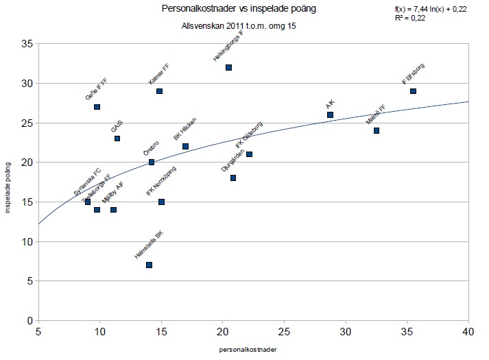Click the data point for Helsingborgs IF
[228, 67]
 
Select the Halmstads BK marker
[149, 265]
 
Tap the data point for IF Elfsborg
[413, 91]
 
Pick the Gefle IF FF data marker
[97, 107]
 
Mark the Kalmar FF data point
[159, 91]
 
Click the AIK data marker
[330, 115]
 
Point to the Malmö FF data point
[376, 130]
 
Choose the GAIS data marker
[117, 139]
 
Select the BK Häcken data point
[185, 146]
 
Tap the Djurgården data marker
[233, 178]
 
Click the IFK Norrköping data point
[161, 202]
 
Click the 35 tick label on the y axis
[27, 43]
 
